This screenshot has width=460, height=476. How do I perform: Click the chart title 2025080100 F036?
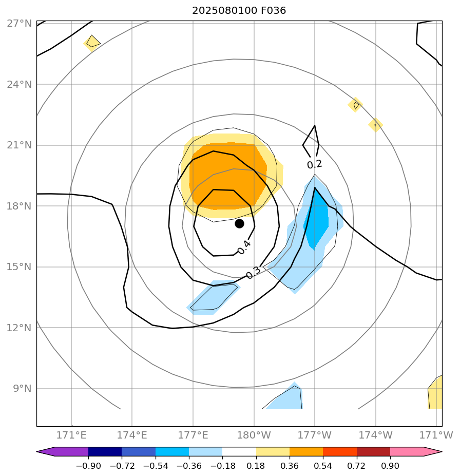(x=239, y=11)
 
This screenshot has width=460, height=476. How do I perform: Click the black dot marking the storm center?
(x=239, y=223)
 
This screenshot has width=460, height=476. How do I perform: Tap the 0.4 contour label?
(x=244, y=247)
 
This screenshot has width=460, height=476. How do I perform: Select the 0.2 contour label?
(x=314, y=164)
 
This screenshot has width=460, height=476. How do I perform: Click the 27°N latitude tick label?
(x=20, y=24)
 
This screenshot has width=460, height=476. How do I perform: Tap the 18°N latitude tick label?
(x=20, y=206)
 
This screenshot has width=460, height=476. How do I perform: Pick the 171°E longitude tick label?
(x=71, y=435)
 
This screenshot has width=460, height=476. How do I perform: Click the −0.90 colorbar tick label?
(x=88, y=466)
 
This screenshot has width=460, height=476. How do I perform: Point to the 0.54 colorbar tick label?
(x=323, y=466)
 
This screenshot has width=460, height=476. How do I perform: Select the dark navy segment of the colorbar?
(x=105, y=452)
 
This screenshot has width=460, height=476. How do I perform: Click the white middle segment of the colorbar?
(x=239, y=452)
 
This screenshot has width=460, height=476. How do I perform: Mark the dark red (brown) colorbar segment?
(x=373, y=452)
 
